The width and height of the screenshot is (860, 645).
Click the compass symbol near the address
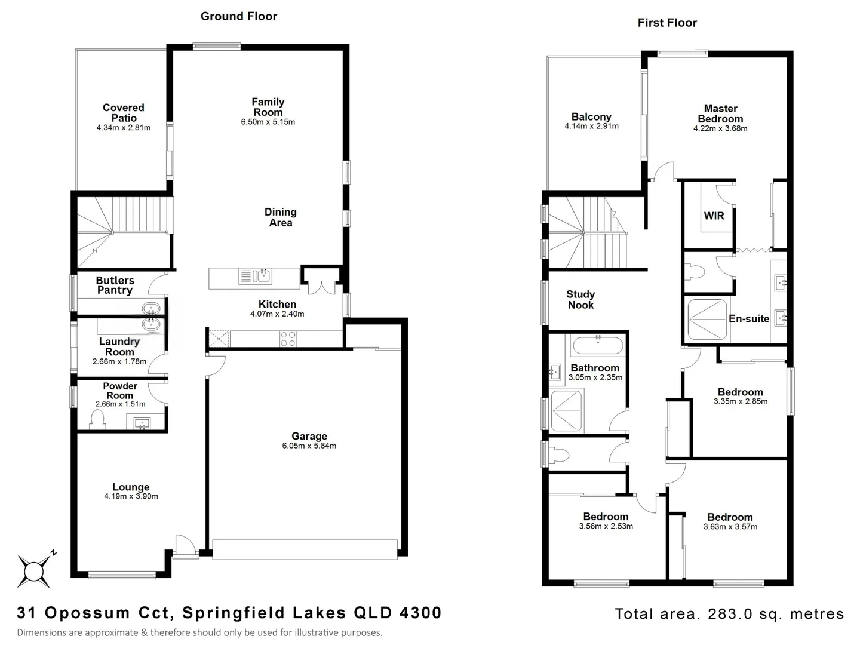tap(34, 570)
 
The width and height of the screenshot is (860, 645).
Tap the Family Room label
tap(268, 107)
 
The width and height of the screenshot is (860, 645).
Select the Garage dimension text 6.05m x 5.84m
tap(309, 446)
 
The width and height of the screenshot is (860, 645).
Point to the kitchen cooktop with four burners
tap(287, 339)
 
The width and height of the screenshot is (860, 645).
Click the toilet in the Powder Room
tap(97, 422)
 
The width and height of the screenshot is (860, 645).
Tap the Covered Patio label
tap(124, 113)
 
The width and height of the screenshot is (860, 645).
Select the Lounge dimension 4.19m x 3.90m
tap(131, 496)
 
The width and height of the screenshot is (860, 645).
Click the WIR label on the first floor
tap(714, 216)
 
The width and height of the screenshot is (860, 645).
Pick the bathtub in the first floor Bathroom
tap(597, 346)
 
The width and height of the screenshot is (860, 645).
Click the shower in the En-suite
tap(707, 319)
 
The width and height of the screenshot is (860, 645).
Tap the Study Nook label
tap(580, 300)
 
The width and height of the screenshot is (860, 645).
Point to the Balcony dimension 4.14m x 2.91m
tap(591, 127)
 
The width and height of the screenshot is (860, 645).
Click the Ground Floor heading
tap(239, 16)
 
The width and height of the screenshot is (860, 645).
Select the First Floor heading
tap(667, 23)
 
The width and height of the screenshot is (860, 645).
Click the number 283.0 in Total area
tap(729, 614)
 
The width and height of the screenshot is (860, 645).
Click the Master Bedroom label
tap(720, 113)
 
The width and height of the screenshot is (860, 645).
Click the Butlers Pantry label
tap(115, 285)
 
